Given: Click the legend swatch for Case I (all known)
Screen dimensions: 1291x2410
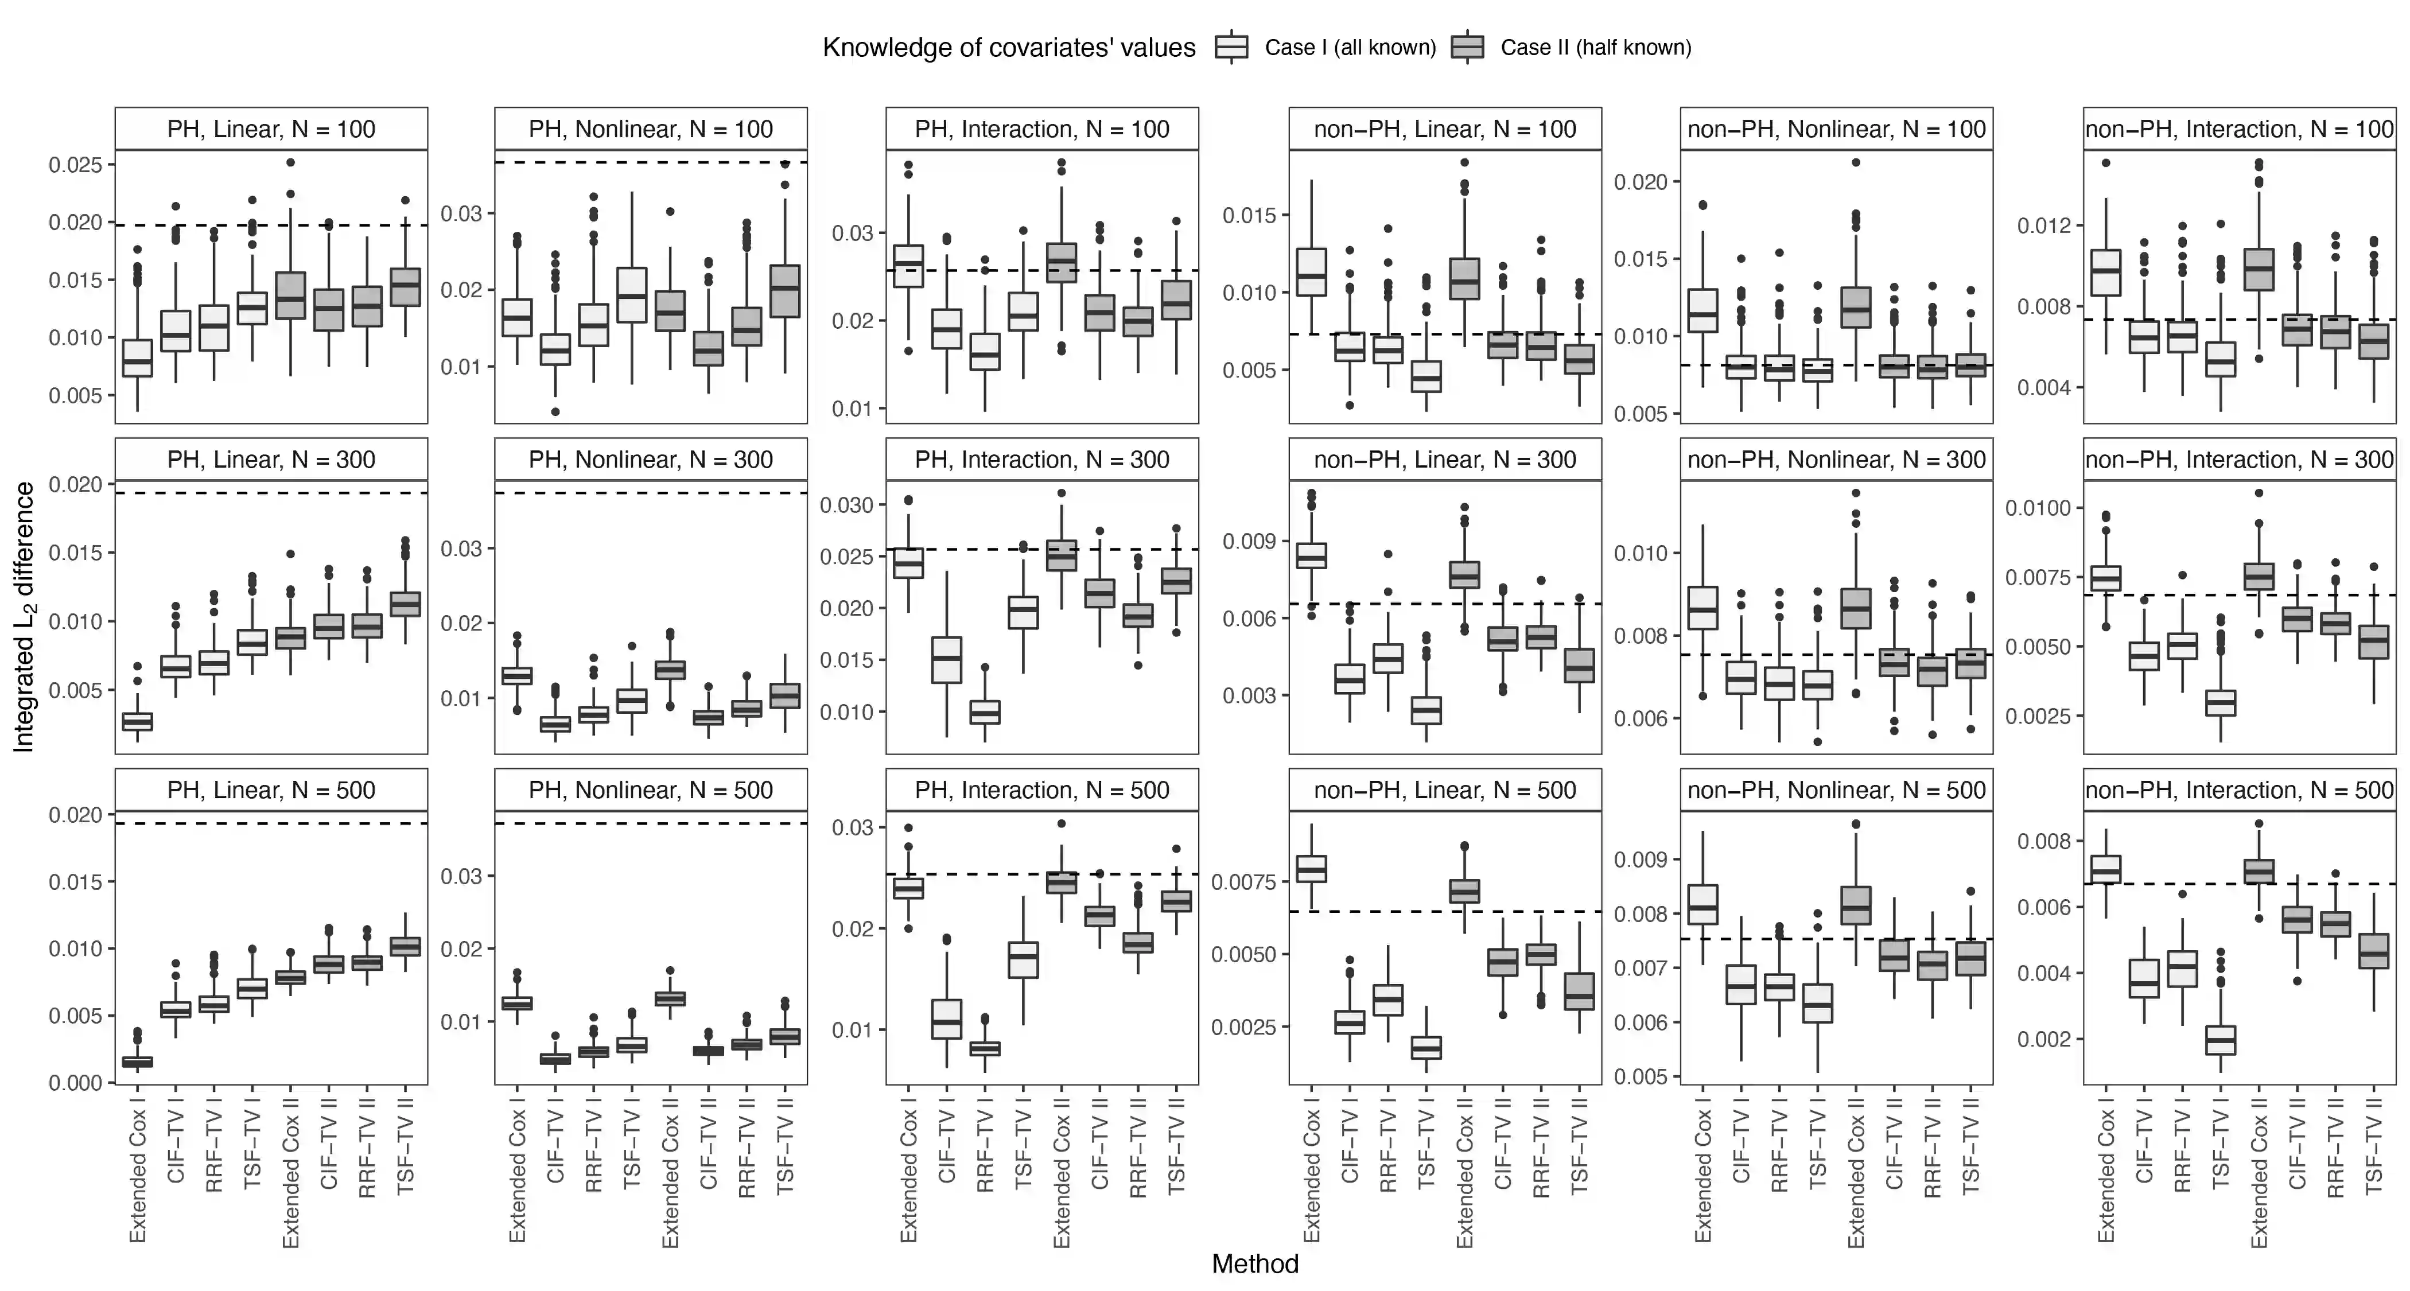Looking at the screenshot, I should point(1232,47).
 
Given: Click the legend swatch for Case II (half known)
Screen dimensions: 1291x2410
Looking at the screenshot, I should point(1468,47).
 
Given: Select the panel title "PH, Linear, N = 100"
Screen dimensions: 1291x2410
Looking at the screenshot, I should point(271,129).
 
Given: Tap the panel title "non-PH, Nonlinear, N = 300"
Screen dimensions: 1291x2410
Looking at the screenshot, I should point(1837,460).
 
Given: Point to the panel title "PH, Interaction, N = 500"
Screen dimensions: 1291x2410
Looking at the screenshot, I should point(1042,791).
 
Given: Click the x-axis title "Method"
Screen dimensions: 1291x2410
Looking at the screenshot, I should point(1254,1264).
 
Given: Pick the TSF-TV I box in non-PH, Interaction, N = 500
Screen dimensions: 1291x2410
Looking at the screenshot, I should point(2220,1039).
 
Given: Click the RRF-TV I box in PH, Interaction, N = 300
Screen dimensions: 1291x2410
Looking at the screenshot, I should point(984,712).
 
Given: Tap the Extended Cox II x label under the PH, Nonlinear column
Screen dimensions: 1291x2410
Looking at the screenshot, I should point(670,1179).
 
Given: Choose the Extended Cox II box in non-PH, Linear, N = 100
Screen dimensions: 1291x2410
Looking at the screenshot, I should point(1464,279).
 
